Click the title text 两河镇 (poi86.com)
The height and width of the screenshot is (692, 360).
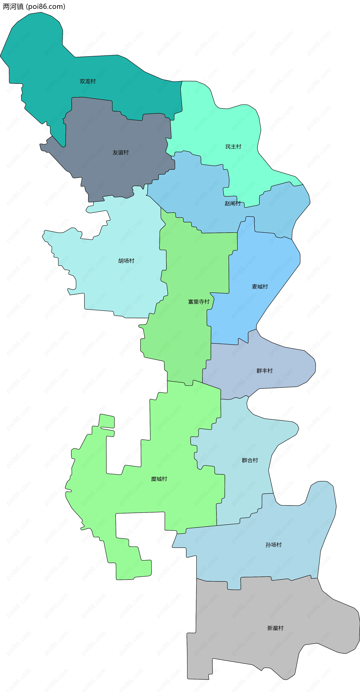tap(34, 6)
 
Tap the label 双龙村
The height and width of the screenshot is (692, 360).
tap(88, 81)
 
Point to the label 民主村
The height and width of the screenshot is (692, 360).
tap(233, 147)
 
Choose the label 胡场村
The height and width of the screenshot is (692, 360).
tap(126, 260)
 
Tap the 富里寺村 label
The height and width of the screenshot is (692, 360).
tap(199, 302)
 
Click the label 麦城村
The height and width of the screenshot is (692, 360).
tap(260, 287)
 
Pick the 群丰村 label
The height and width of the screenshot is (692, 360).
tap(265, 371)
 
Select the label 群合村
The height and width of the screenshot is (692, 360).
tap(250, 460)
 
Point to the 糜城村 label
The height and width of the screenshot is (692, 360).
tap(159, 479)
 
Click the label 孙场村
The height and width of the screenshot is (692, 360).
tap(274, 545)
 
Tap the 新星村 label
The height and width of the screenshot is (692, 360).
tap(275, 628)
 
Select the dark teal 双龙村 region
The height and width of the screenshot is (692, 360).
tap(40, 62)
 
